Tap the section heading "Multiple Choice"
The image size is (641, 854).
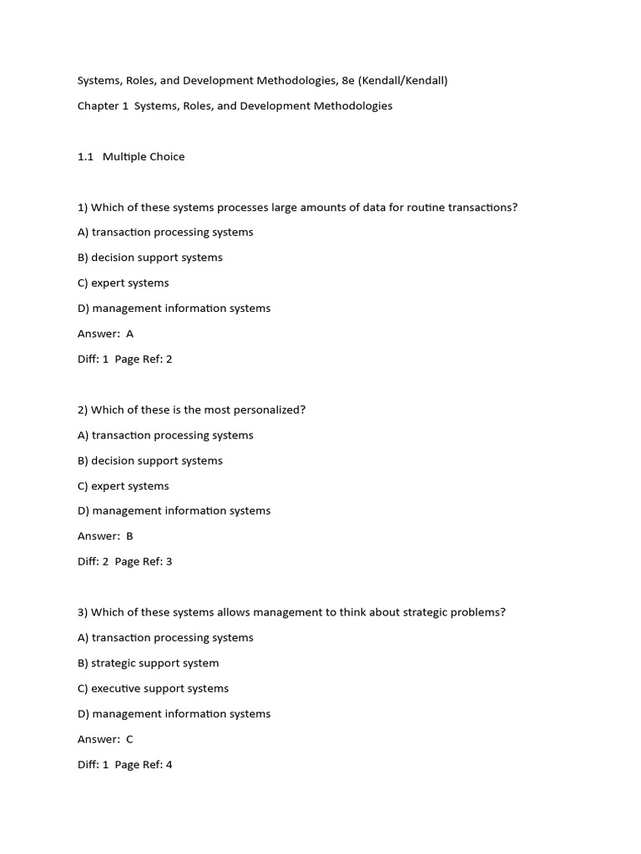point(144,157)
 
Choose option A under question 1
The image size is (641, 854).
point(165,233)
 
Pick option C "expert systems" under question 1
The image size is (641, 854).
point(124,283)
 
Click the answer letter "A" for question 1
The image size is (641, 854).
point(129,334)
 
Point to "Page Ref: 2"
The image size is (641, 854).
point(144,359)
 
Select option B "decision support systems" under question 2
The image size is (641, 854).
point(150,460)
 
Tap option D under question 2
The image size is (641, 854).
point(174,511)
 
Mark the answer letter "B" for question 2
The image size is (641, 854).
point(129,536)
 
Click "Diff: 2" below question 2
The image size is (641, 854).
point(93,562)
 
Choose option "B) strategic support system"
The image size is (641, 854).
point(149,663)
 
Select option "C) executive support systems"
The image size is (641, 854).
point(153,689)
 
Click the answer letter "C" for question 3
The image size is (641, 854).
point(129,740)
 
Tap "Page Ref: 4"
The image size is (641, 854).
point(144,765)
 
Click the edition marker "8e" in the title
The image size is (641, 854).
point(348,81)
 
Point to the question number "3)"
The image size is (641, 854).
point(83,612)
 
